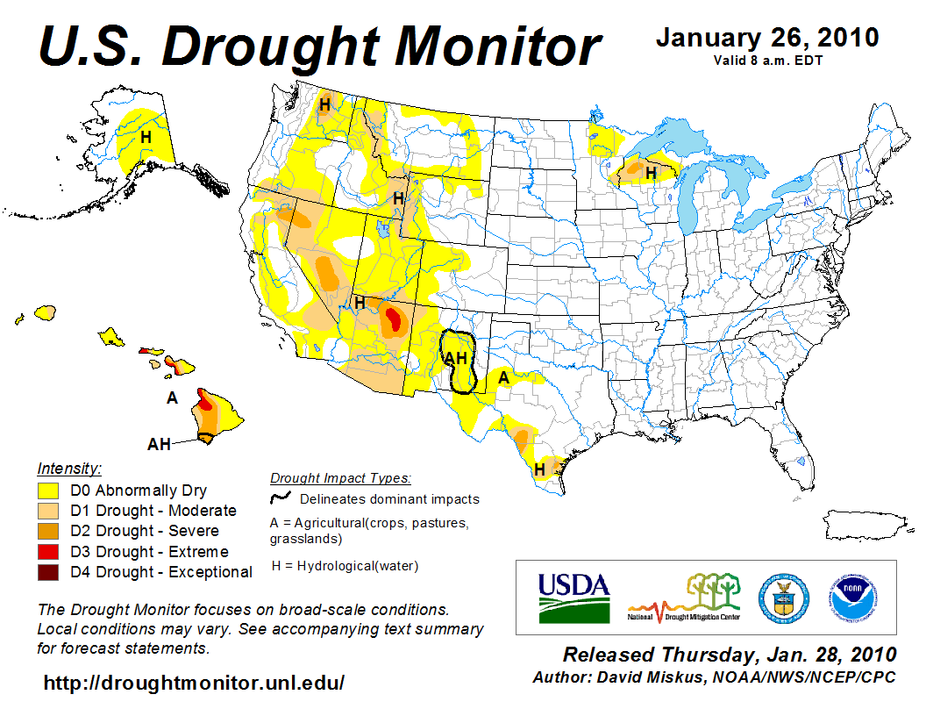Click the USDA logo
(573, 597)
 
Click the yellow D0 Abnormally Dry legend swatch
(48, 490)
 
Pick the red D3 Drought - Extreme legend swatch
(48, 552)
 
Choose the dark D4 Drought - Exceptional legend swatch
(48, 572)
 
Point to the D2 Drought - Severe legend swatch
(48, 531)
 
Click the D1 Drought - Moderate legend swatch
(48, 511)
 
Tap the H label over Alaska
(146, 137)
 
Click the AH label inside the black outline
(456, 358)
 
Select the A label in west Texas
(503, 378)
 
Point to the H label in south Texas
(539, 470)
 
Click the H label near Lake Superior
(651, 174)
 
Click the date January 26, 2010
(767, 38)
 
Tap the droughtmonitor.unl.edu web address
(194, 682)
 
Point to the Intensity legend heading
(69, 469)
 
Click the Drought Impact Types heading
(339, 478)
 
